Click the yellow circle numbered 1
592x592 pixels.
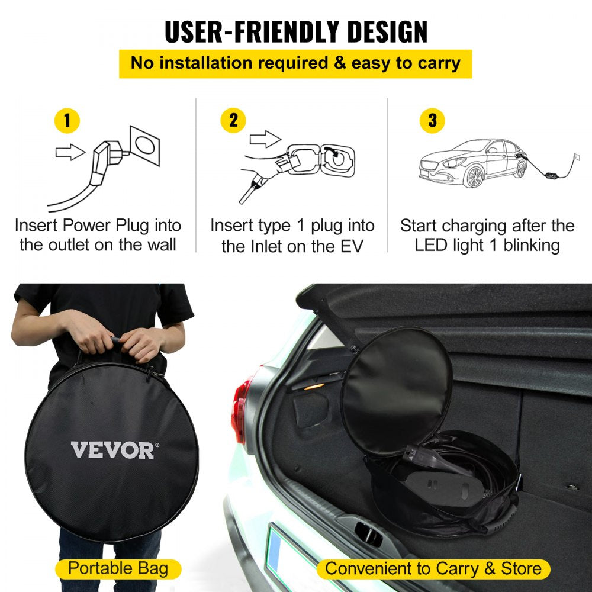coord(67,121)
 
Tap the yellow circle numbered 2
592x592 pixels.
coord(233,121)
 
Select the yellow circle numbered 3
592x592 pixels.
coord(432,121)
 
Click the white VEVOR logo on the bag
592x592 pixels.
coord(113,451)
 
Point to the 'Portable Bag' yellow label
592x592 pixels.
coord(118,569)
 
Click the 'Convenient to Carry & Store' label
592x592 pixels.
coord(433,569)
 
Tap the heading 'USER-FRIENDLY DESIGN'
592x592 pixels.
coord(296,32)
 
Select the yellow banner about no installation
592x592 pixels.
coord(295,63)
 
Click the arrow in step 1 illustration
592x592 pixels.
coord(70,153)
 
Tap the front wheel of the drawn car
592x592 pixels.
coord(474,175)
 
